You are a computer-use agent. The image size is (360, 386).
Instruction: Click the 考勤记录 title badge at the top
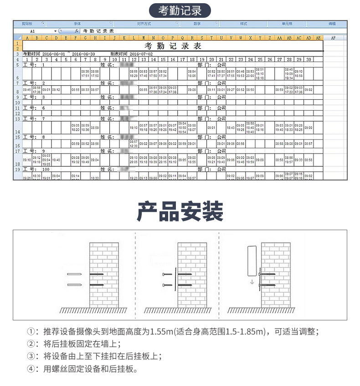(180, 10)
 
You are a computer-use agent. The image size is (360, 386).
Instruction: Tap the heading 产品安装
(180, 211)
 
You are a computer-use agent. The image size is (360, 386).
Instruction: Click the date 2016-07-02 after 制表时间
(141, 54)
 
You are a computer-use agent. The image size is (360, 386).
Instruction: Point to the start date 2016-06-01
(54, 54)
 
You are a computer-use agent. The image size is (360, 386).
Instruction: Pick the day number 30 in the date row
(309, 59)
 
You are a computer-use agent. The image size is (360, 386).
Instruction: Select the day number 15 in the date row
(163, 59)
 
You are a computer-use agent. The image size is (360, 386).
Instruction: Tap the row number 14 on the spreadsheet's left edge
(17, 131)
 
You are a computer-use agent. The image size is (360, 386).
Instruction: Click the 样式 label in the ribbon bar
(243, 23)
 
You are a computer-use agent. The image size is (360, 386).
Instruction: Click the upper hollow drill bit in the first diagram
(74, 274)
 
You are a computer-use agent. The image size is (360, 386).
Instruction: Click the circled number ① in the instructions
(31, 331)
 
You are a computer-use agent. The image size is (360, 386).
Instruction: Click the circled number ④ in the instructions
(31, 369)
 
